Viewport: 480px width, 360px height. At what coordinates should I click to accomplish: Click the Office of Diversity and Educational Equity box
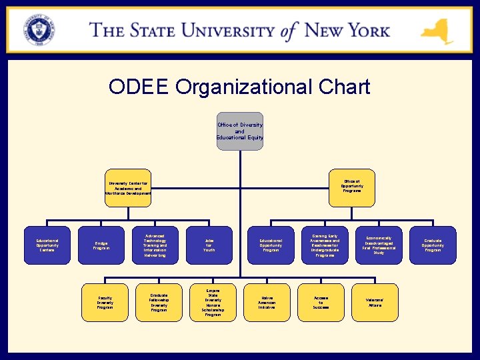coord(240,131)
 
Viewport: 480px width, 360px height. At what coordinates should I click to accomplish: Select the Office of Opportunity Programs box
coord(352,186)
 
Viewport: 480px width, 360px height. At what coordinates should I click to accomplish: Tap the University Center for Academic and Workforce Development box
coord(129,187)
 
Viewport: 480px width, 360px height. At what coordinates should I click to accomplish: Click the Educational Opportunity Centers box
coord(47,245)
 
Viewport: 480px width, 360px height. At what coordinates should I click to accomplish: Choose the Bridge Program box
coord(101,245)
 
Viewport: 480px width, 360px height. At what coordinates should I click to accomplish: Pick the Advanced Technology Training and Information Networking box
coord(155,245)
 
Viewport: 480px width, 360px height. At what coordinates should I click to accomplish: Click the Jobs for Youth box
coord(209,245)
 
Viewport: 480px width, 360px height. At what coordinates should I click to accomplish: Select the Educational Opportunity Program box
coord(271,245)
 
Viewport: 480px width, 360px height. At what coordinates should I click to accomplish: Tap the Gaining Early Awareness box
coord(325,245)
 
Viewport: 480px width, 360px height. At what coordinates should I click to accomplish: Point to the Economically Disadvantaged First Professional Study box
coord(379,245)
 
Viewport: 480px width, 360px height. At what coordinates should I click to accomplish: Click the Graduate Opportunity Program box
coord(433,245)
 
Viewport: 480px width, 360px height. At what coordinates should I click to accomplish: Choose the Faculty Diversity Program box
coord(105,303)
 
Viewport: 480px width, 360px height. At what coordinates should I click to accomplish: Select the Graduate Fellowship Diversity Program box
coord(159,303)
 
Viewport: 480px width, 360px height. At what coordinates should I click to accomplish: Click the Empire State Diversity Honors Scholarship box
coord(213,303)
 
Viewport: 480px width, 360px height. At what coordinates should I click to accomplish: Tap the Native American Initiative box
coord(267,303)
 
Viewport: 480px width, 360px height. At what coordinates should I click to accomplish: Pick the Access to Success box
coord(321,303)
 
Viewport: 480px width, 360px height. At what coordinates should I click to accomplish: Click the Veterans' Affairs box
coord(375,303)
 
